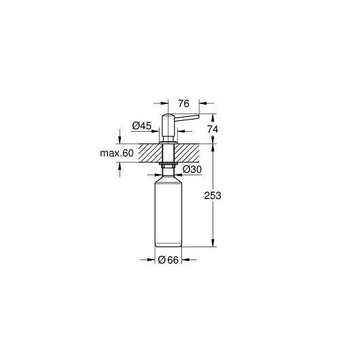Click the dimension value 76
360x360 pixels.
[183, 104]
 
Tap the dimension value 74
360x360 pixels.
[213, 130]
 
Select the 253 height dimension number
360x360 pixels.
[213, 196]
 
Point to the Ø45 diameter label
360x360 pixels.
[142, 126]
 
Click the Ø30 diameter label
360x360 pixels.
[192, 169]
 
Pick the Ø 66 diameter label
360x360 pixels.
[168, 260]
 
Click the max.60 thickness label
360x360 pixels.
[117, 153]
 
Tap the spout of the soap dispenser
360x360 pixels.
[187, 118]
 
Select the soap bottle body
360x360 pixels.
[168, 211]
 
